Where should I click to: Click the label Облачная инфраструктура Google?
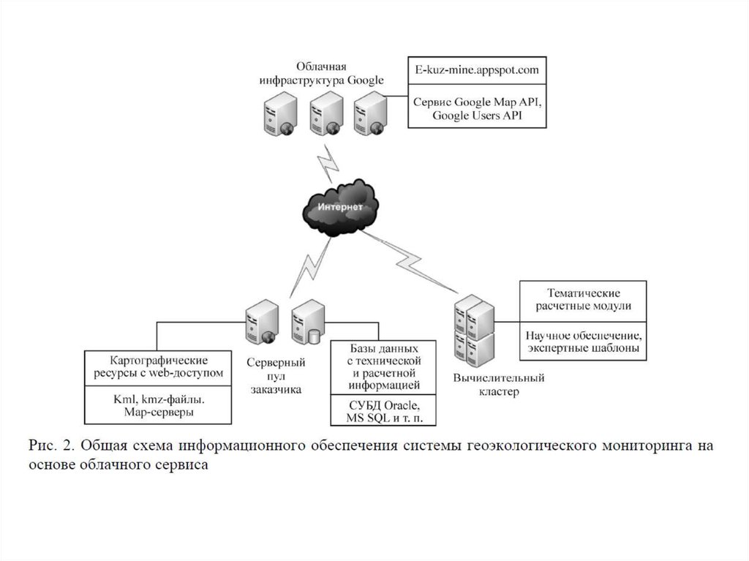(x=321, y=74)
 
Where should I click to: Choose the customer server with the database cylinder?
(x=306, y=325)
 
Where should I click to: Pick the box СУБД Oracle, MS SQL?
(x=383, y=411)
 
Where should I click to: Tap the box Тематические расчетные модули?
(x=583, y=300)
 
